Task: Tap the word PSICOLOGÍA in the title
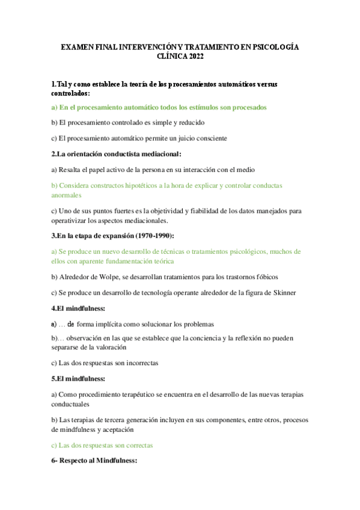273,47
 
